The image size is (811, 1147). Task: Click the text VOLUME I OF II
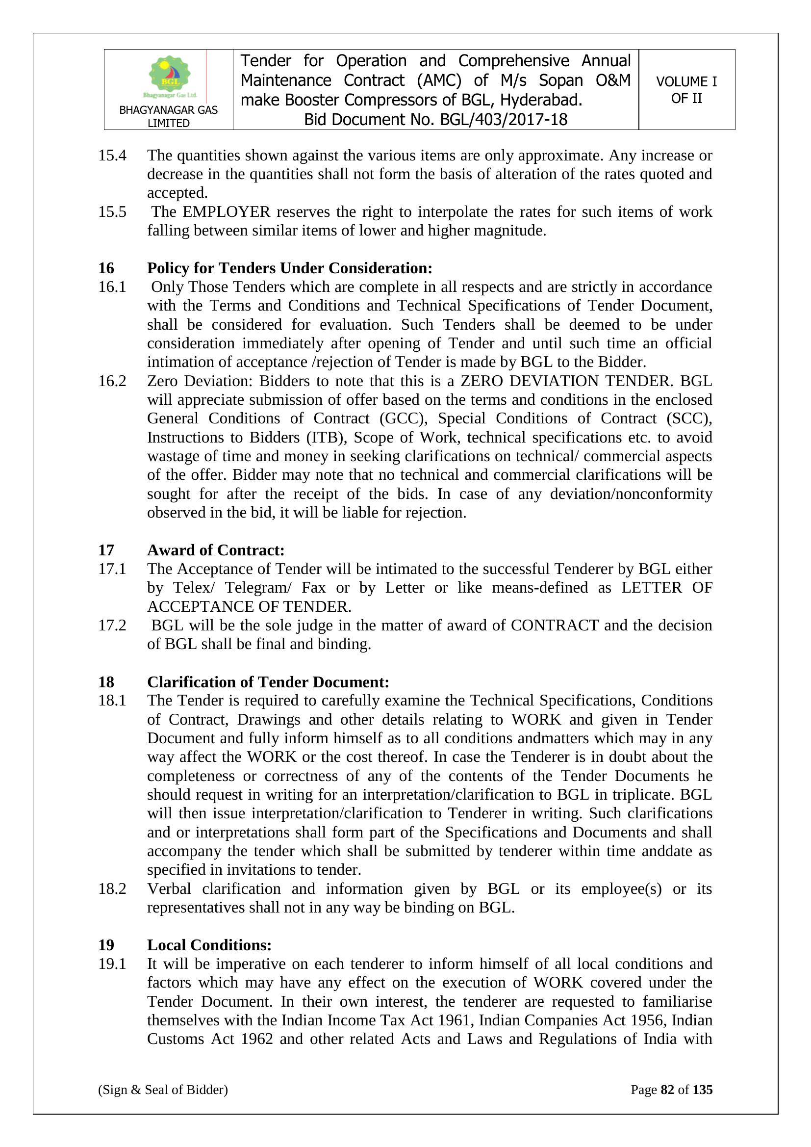(x=686, y=90)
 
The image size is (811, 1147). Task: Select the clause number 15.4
(x=112, y=156)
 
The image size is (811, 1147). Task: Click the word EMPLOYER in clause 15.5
(x=226, y=212)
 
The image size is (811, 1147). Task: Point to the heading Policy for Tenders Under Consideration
(x=289, y=268)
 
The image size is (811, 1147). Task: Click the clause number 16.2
(x=112, y=381)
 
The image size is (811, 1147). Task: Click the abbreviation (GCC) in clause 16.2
(x=403, y=418)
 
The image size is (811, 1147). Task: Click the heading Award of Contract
(x=215, y=550)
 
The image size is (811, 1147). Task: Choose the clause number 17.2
(x=112, y=626)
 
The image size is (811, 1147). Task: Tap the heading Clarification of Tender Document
(x=268, y=682)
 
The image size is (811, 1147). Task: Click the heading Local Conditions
(x=209, y=945)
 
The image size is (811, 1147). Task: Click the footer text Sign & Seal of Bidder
(x=163, y=1090)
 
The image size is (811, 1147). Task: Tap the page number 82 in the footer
(x=667, y=1090)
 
